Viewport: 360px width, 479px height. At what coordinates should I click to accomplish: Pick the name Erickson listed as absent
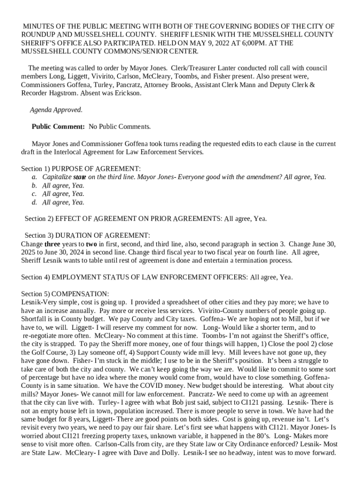pos(127,93)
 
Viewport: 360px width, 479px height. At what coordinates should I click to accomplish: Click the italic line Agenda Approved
pos(56,110)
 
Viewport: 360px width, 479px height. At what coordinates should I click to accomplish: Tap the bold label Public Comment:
pos(58,127)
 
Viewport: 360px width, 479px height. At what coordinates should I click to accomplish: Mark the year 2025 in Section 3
pos(29,253)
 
